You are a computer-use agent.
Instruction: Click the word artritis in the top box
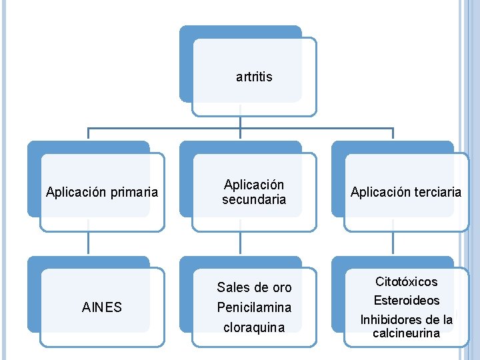click(254, 77)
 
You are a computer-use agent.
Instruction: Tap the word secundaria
click(254, 199)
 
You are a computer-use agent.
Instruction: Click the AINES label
click(101, 307)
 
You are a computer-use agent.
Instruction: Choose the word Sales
click(233, 288)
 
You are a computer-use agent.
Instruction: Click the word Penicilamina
click(254, 308)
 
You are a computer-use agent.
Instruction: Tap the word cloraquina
click(254, 327)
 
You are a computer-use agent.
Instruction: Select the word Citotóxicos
click(406, 282)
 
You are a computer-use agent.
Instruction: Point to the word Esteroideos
click(406, 301)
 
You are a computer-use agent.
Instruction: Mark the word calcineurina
click(406, 333)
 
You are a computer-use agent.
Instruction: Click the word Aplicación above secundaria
click(254, 185)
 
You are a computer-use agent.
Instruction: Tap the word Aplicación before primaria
click(76, 193)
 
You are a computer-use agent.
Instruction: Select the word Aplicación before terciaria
click(377, 192)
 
